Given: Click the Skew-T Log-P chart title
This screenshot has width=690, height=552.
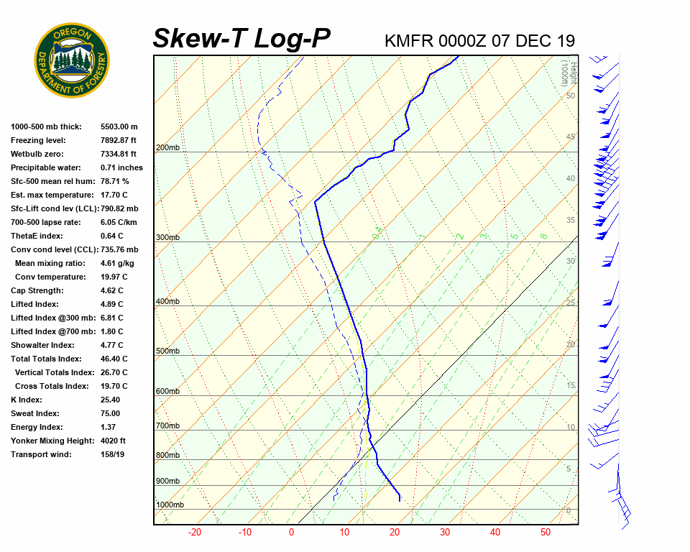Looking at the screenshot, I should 242,38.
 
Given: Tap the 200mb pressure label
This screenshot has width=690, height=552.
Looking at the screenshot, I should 167,148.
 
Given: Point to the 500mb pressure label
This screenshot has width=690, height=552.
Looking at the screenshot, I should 167,351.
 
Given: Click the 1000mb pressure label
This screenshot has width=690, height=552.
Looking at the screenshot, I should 170,505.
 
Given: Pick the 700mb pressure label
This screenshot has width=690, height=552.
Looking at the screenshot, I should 167,426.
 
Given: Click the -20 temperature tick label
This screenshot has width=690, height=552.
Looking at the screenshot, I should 194,533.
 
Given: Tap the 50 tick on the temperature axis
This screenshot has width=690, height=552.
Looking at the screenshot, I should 546,533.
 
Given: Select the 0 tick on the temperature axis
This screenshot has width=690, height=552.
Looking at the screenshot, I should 292,533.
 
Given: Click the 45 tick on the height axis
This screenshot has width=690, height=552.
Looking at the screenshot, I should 571,137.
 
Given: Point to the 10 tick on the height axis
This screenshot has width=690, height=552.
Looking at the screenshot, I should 571,428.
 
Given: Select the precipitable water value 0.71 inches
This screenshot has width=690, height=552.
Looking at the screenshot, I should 121,167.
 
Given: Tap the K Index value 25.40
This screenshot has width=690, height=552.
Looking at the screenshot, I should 110,400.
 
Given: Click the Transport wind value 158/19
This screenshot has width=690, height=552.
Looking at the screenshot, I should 113,454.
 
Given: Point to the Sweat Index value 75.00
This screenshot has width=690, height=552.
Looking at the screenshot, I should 110,413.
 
